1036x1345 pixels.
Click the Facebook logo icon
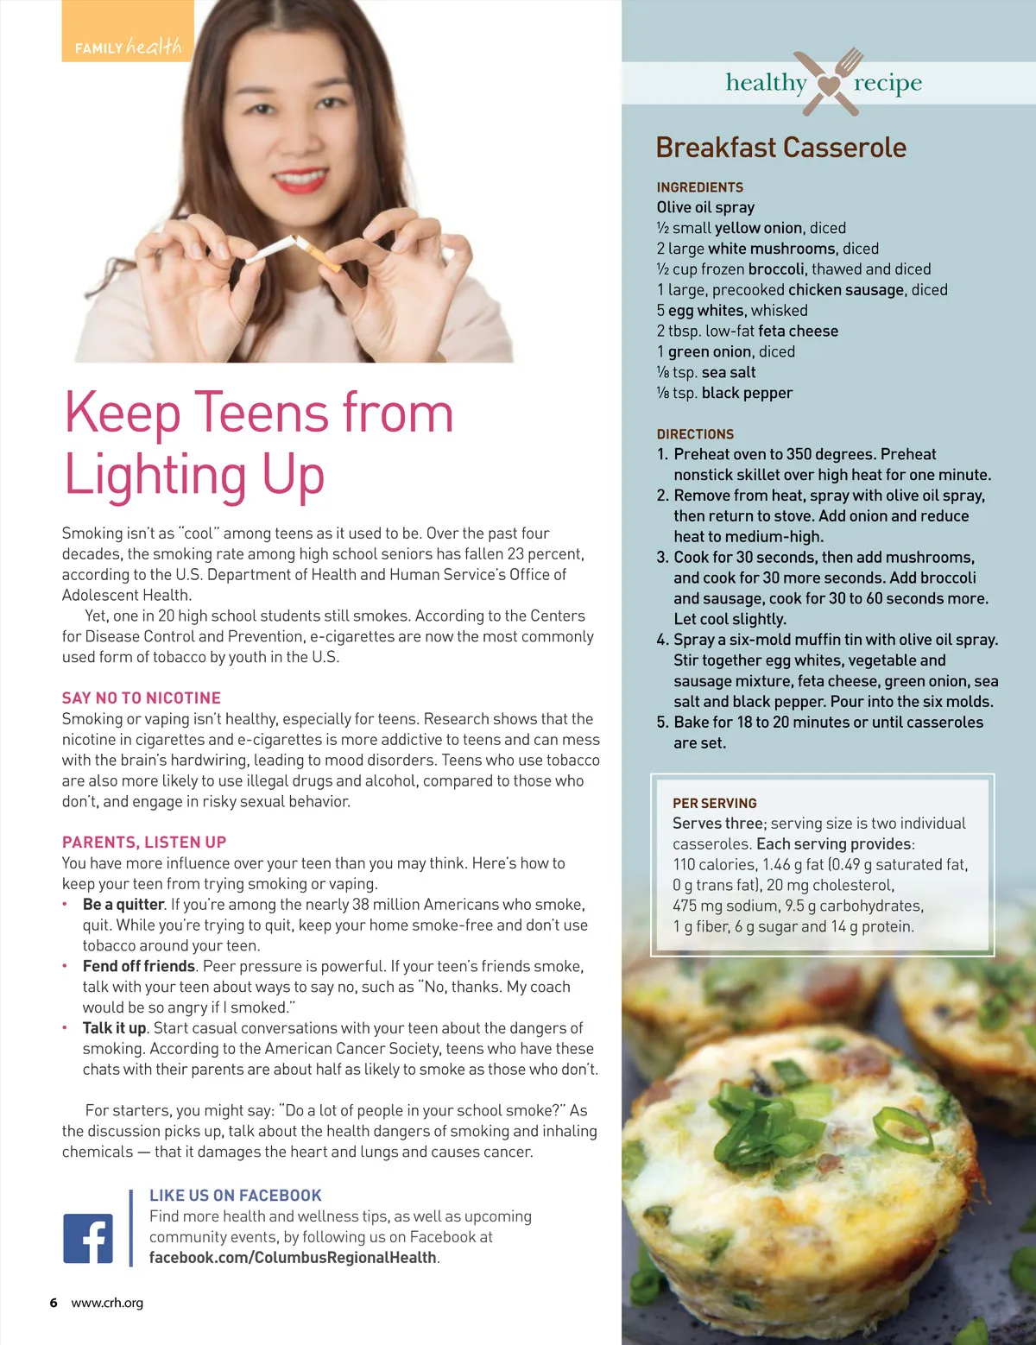coord(88,1238)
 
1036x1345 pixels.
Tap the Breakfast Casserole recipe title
coord(780,148)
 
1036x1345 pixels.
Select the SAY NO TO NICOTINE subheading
coord(142,698)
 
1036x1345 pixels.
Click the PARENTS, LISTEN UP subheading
coord(144,842)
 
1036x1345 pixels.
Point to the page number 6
coord(54,1303)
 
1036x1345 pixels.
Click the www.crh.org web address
coord(107,1303)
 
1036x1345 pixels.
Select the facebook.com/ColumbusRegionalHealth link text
coord(293,1258)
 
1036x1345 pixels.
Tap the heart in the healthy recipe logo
coord(829,85)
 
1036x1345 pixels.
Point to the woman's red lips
coord(300,181)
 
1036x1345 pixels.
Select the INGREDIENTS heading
coord(699,187)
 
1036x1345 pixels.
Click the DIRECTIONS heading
coord(695,434)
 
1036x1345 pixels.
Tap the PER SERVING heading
coord(714,803)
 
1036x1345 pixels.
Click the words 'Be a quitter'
coord(123,905)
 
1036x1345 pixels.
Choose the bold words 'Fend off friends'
coord(139,966)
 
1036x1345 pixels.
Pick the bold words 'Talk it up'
coord(115,1028)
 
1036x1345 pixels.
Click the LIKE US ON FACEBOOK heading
coord(236,1196)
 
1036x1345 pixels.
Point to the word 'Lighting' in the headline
coord(156,477)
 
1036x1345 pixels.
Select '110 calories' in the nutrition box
coord(713,865)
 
